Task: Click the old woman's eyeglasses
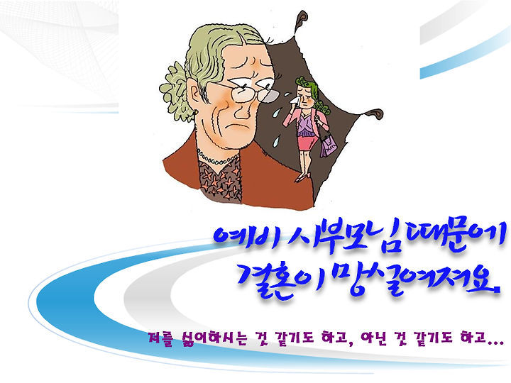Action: pyautogui.click(x=248, y=92)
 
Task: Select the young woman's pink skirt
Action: pyautogui.click(x=307, y=143)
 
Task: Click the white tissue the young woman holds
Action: pyautogui.click(x=295, y=100)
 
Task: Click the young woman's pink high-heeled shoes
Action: pyautogui.click(x=302, y=178)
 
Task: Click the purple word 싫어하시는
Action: pyautogui.click(x=211, y=339)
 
